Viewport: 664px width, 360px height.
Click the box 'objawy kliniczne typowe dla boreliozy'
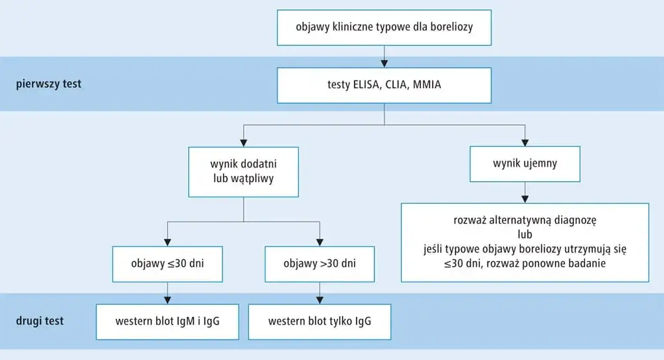point(384,27)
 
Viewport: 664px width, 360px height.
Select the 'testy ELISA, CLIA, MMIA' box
point(384,84)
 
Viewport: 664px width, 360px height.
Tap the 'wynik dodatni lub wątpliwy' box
point(244,171)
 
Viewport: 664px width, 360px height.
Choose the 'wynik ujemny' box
point(525,163)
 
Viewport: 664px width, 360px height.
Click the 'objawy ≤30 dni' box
point(167,264)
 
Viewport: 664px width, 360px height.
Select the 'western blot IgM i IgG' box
point(167,322)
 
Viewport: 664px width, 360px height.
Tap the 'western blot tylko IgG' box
point(319,322)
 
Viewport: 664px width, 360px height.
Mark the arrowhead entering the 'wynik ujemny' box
point(525,141)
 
